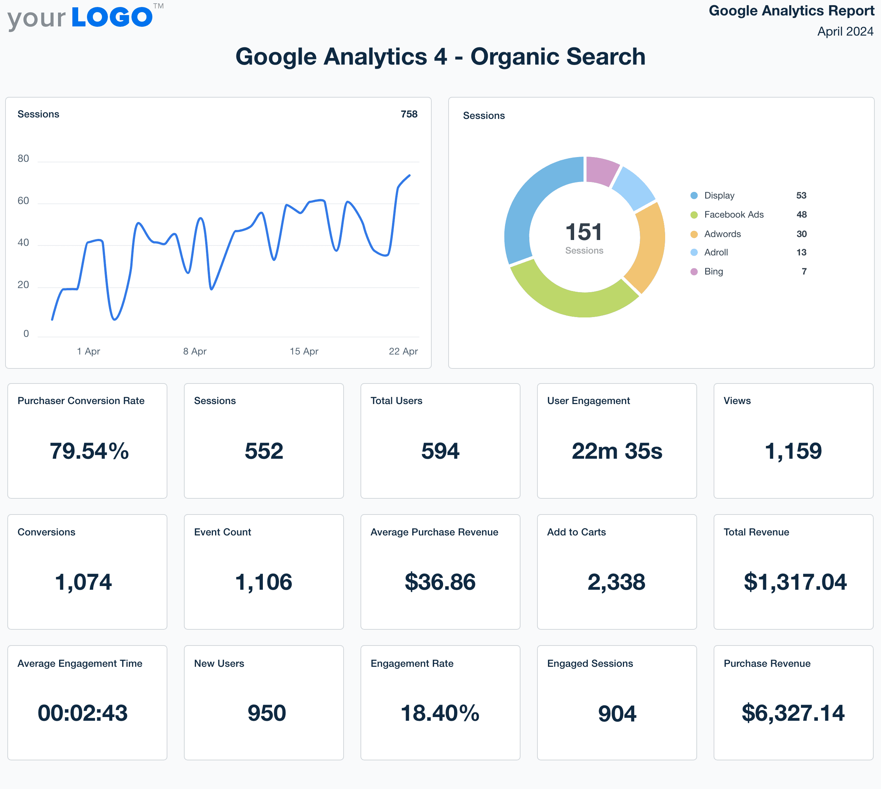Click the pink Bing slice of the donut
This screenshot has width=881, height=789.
601,170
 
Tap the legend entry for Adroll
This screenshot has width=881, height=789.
715,252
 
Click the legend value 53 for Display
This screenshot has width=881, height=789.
801,196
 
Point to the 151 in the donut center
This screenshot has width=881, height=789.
584,232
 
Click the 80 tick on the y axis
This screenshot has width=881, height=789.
23,159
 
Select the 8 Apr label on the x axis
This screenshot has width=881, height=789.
195,351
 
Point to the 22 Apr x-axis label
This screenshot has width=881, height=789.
403,351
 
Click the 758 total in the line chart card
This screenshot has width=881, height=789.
409,114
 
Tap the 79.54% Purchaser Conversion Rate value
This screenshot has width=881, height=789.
89,451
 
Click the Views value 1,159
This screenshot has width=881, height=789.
793,451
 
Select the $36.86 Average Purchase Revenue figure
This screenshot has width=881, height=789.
440,582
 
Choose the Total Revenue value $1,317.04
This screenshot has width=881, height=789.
795,582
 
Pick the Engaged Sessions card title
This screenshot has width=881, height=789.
590,663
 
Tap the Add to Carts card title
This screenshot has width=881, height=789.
576,532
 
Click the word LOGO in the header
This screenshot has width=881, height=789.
112,17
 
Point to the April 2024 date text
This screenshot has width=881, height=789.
845,32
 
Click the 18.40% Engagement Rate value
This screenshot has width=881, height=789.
440,713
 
